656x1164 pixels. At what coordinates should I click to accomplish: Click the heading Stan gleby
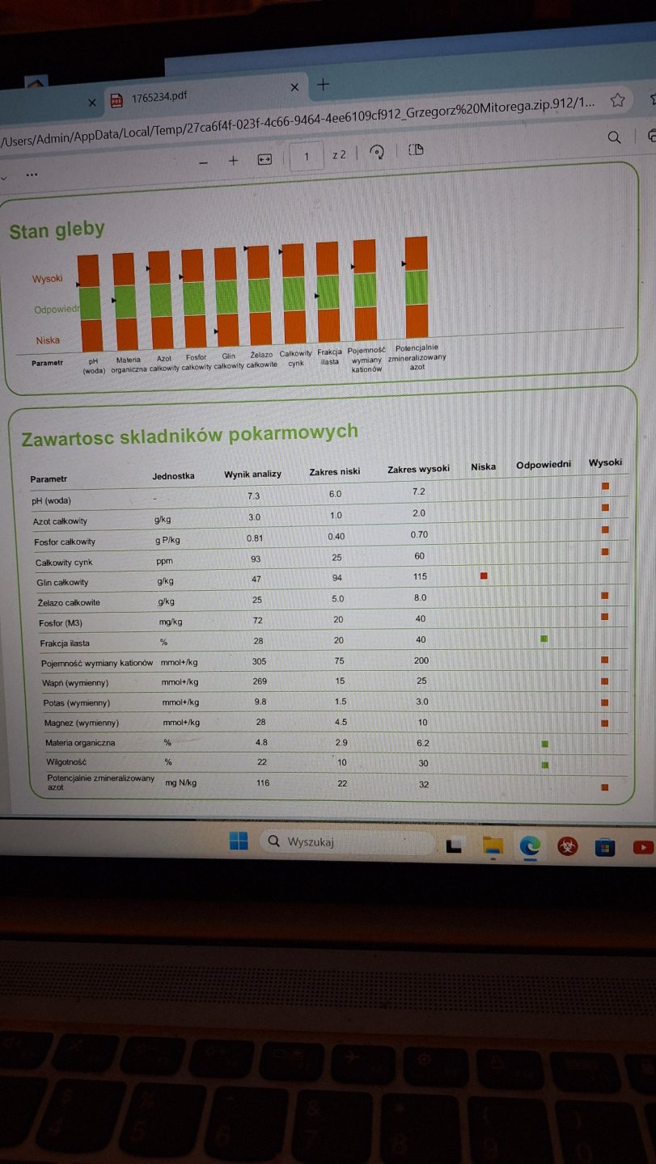pyautogui.click(x=57, y=230)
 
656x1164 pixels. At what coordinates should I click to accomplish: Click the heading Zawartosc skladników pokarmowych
pyautogui.click(x=189, y=435)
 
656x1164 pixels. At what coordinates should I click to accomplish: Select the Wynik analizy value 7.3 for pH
pyautogui.click(x=253, y=496)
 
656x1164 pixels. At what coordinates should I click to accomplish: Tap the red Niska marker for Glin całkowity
pyautogui.click(x=484, y=576)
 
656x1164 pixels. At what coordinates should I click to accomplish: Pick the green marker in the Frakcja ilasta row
pyautogui.click(x=544, y=639)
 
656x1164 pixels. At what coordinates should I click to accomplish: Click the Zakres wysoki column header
pyautogui.click(x=418, y=470)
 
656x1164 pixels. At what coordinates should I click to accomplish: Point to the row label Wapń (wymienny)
pyautogui.click(x=75, y=683)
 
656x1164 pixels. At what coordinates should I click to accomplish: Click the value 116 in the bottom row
pyautogui.click(x=262, y=783)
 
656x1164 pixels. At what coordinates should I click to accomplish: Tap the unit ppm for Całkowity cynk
pyautogui.click(x=164, y=561)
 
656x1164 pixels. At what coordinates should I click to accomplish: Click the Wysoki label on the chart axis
pyautogui.click(x=47, y=279)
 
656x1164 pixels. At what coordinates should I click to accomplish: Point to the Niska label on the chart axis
pyautogui.click(x=48, y=340)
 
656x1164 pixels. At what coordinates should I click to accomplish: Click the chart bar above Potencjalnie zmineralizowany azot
pyautogui.click(x=416, y=287)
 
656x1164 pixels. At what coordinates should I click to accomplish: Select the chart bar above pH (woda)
pyautogui.click(x=89, y=298)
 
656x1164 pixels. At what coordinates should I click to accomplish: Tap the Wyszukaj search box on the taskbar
pyautogui.click(x=348, y=841)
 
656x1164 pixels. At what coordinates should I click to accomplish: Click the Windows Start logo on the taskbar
pyautogui.click(x=239, y=841)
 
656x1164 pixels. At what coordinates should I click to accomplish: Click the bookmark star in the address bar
pyautogui.click(x=617, y=100)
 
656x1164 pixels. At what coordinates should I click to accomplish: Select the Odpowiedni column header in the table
pyautogui.click(x=544, y=465)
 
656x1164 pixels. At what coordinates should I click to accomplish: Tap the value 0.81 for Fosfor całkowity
pyautogui.click(x=256, y=538)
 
